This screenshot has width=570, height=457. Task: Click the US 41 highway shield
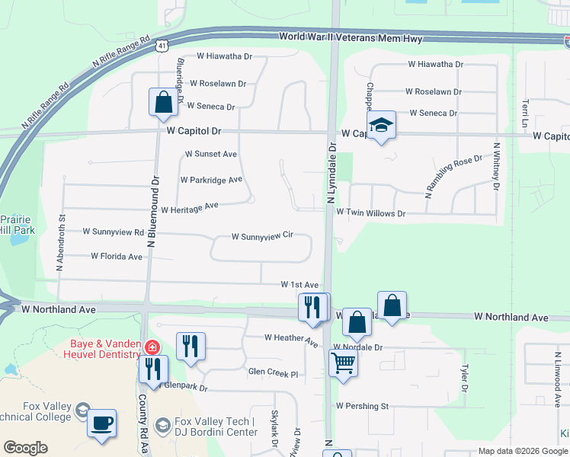click(x=162, y=46)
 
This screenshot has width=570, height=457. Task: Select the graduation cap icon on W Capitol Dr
click(x=381, y=128)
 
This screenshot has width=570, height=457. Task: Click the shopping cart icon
click(x=343, y=363)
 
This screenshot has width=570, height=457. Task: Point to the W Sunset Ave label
click(x=211, y=154)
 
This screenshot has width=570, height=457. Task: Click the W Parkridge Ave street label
click(x=211, y=181)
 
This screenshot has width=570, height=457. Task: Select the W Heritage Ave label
click(x=190, y=206)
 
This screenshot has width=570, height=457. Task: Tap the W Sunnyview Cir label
click(x=262, y=237)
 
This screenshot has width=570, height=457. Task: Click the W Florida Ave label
click(x=117, y=257)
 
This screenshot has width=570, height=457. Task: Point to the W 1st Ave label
click(x=299, y=284)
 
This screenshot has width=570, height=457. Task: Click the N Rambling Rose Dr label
click(x=453, y=176)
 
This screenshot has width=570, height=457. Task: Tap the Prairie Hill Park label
click(x=17, y=223)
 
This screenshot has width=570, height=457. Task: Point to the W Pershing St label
click(x=362, y=406)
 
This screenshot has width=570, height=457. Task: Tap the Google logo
click(x=26, y=448)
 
